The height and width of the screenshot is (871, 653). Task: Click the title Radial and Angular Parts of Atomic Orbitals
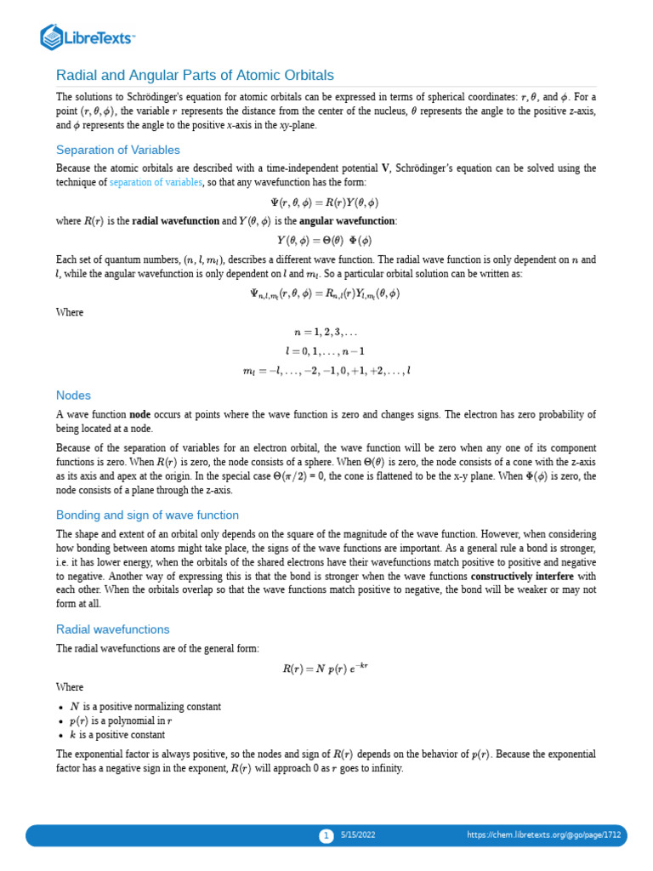(x=195, y=75)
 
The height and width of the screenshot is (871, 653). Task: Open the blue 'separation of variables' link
(x=156, y=182)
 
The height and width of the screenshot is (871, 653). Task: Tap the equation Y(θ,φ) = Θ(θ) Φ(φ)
(x=326, y=241)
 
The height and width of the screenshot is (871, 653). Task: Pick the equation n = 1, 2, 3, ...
(x=326, y=332)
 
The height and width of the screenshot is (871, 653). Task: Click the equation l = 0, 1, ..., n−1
(x=326, y=351)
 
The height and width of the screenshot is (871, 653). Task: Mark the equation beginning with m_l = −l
(x=326, y=371)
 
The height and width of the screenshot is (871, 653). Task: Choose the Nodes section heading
(x=73, y=396)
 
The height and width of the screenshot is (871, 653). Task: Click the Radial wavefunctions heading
(x=112, y=629)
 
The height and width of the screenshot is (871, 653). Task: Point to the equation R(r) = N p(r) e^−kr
(x=326, y=669)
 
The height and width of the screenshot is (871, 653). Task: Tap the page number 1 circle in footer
(x=326, y=835)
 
